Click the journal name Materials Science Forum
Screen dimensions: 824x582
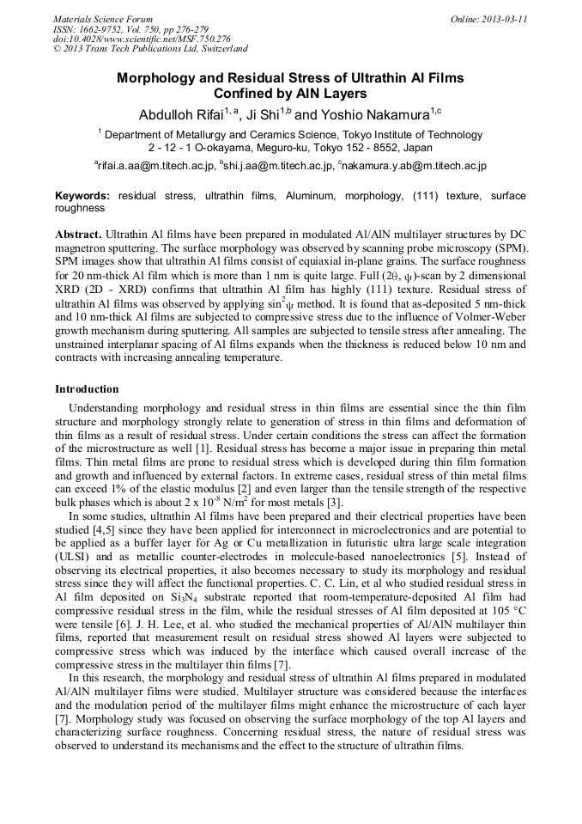[103, 19]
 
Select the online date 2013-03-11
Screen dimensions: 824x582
[500, 19]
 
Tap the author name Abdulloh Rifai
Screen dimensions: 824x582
[181, 114]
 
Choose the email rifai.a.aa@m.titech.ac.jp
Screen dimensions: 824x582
[152, 165]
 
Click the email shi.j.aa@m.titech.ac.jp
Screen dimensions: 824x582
[276, 165]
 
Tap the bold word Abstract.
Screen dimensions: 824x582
[78, 234]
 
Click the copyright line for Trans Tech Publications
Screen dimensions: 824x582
[150, 49]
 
